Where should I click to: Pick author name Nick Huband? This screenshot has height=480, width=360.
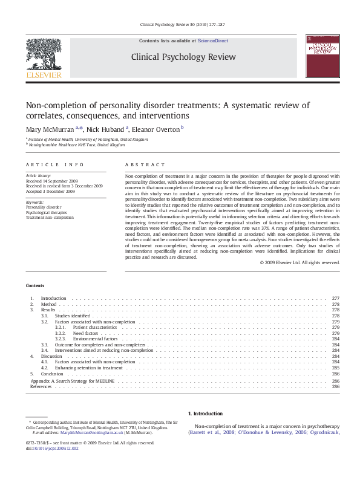[x=106, y=129]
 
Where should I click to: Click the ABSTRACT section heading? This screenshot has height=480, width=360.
[x=145, y=164]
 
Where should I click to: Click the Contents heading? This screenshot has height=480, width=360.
[x=35, y=285]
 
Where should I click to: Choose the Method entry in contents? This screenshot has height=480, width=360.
[x=48, y=304]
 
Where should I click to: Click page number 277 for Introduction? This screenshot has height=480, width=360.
[x=336, y=299]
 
